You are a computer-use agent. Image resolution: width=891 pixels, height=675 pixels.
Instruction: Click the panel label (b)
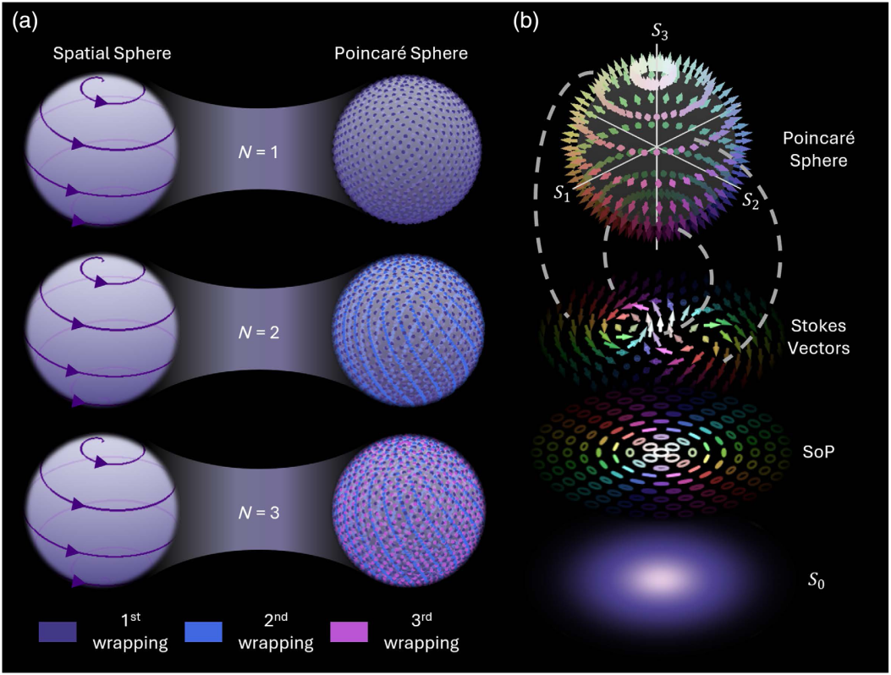point(525,22)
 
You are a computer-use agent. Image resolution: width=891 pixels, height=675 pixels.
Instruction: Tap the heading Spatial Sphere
point(112,53)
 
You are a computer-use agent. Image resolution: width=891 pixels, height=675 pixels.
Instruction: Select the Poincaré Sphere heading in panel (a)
point(400,53)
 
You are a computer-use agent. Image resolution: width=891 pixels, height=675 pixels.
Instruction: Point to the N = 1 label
point(258,152)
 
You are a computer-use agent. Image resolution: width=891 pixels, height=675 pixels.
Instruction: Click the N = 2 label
point(258,332)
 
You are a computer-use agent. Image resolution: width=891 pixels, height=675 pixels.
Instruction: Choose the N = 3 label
point(258,513)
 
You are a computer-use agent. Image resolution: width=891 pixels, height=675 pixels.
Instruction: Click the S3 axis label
point(659,32)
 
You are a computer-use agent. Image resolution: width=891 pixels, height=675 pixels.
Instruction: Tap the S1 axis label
point(562,194)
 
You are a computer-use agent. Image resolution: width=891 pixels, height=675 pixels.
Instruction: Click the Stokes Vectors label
point(818,337)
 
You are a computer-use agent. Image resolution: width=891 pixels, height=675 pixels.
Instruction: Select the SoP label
point(818,452)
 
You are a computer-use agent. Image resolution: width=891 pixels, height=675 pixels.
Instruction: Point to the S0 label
point(817,580)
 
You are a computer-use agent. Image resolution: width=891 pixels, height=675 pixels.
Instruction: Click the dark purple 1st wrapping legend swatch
point(58,632)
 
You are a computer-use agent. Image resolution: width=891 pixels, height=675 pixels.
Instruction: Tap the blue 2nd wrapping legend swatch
point(203,632)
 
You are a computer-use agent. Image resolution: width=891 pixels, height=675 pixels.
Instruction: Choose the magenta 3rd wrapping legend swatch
point(349,632)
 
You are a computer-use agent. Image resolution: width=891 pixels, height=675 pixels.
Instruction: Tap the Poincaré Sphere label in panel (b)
point(818,149)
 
